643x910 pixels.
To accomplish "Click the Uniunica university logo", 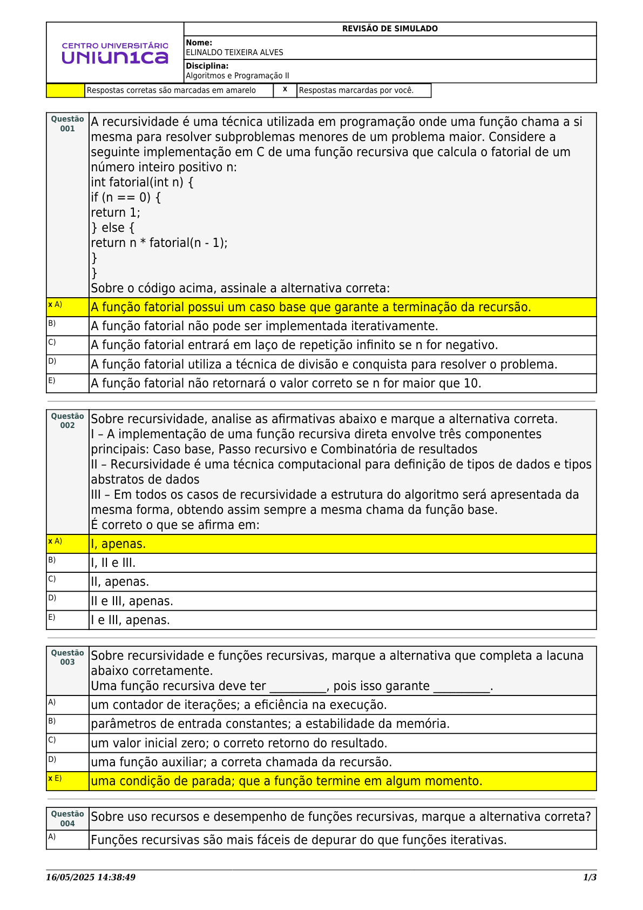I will [115, 53].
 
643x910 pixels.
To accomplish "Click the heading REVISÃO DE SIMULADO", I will [390, 29].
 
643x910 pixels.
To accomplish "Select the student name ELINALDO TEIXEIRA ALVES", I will [234, 52].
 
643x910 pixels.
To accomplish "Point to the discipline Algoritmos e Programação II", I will [238, 76].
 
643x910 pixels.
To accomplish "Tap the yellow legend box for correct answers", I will [65, 90].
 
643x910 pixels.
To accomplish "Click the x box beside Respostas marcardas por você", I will [285, 90].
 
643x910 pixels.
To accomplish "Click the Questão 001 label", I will [67, 124].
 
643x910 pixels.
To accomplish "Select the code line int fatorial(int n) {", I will [142, 182].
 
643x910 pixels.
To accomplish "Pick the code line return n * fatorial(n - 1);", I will [159, 243].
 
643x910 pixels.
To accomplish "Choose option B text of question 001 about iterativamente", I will [265, 326].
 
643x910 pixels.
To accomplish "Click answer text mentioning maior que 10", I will [286, 383].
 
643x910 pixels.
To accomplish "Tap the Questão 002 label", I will [67, 420].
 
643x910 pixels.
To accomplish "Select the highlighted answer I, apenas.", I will [118, 544].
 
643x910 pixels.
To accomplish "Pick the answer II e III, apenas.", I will [132, 601].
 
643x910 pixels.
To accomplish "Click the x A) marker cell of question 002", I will [56, 541].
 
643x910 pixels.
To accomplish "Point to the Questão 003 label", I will [67, 657].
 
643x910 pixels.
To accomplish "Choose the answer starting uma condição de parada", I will [286, 781].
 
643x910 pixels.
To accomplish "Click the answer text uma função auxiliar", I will [241, 762].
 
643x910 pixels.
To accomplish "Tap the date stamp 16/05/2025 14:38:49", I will [91, 877].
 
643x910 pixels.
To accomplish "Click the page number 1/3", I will [590, 877].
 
